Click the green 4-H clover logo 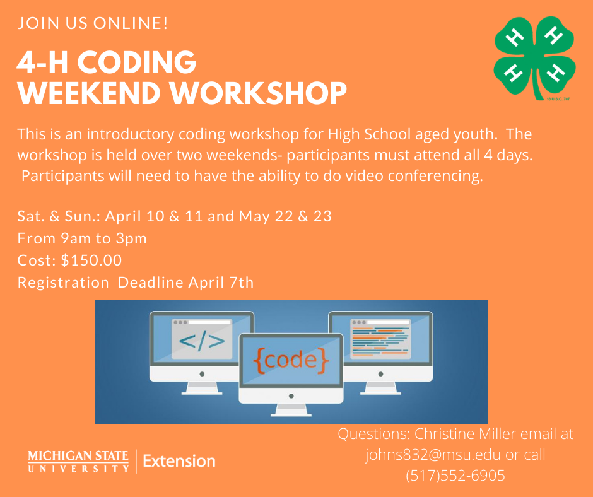point(535,58)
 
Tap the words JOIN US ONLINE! point(93,23)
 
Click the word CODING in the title point(137,62)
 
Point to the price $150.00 point(91,260)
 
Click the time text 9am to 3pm point(103,238)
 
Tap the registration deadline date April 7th point(221,283)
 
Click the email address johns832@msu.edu point(433,454)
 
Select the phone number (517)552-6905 point(455,475)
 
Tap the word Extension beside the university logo point(179,462)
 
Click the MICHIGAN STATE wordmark point(78,456)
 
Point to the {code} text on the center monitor point(291,360)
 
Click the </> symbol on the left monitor point(202,341)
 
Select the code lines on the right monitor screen point(380,342)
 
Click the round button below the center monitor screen point(291,396)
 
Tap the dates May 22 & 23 point(285,216)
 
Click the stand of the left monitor point(202,388)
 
